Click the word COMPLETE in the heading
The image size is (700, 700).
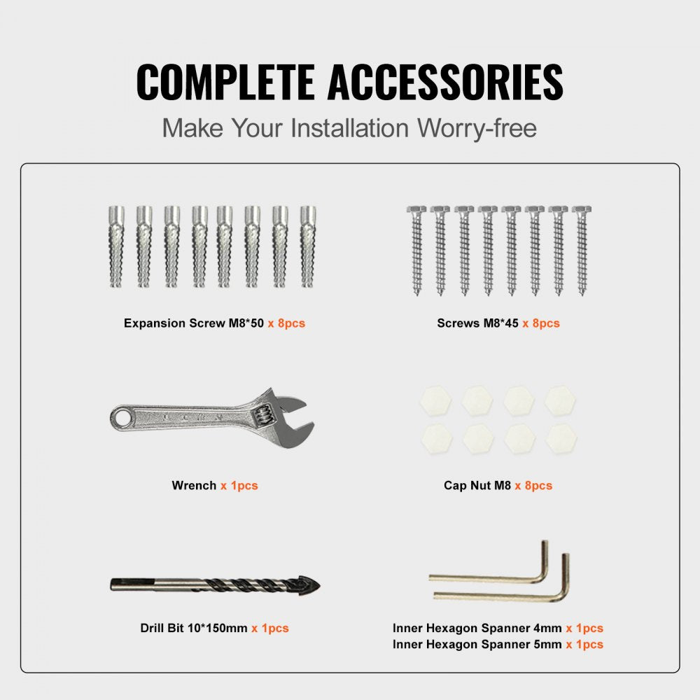225,82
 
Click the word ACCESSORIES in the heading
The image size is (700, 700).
445,82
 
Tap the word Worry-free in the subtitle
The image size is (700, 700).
477,128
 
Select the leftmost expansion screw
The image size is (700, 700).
116,246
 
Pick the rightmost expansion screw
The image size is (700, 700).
308,246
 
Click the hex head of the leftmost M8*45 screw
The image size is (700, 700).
416,210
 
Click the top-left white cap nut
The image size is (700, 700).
435,401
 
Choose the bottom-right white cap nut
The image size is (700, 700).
561,438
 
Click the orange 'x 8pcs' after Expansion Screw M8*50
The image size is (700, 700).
286,323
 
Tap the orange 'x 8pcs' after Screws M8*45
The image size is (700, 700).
540,323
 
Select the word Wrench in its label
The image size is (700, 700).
194,485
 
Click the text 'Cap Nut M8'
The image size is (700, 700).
477,485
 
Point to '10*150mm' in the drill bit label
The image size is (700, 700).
218,628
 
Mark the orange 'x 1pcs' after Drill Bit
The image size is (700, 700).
270,628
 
